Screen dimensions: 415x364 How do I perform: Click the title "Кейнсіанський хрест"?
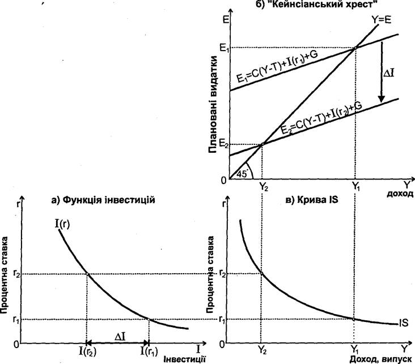[x=321, y=4]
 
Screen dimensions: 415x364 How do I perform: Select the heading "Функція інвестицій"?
[x=108, y=199]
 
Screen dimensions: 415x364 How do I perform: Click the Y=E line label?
[x=382, y=20]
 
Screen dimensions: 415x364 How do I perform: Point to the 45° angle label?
[x=242, y=174]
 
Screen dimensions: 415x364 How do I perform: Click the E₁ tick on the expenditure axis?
[x=225, y=48]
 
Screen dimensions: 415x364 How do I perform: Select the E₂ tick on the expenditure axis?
[x=224, y=144]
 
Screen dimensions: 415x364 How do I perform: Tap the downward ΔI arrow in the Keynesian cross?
[x=381, y=72]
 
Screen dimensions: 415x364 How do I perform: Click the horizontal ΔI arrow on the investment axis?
[x=117, y=342]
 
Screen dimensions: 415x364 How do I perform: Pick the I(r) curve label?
[x=62, y=224]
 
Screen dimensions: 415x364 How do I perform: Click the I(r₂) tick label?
[x=88, y=352]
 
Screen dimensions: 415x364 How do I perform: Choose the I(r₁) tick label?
[x=149, y=352]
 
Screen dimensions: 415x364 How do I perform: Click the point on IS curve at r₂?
[x=261, y=273]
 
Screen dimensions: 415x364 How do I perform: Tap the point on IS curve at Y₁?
[x=354, y=319]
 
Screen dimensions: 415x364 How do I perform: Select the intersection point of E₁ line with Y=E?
[x=355, y=48]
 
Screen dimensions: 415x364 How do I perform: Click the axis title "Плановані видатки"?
[x=213, y=104]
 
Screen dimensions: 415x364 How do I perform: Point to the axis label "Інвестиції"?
[x=185, y=359]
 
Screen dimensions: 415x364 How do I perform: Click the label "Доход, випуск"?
[x=381, y=359]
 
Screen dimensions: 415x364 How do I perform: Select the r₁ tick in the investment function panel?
[x=16, y=320]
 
